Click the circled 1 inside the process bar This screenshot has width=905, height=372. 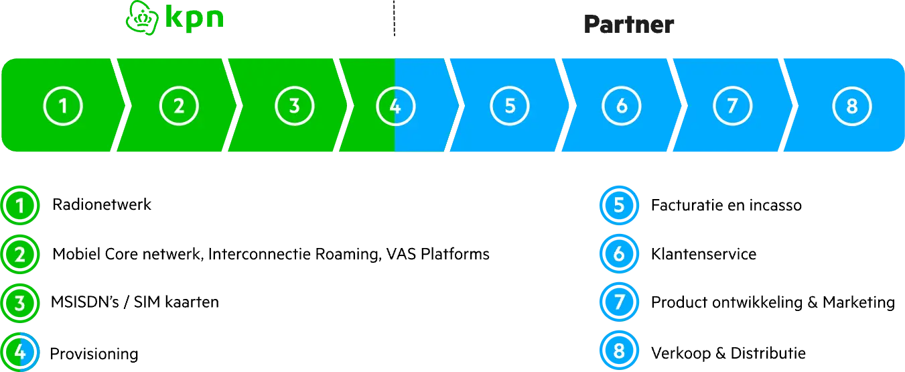(x=64, y=106)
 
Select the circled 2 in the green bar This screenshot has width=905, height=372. (x=179, y=106)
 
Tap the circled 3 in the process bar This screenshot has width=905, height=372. (x=294, y=106)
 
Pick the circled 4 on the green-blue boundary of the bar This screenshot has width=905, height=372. (x=395, y=106)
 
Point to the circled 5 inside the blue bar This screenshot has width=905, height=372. (x=510, y=106)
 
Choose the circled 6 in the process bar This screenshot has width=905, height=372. (x=622, y=106)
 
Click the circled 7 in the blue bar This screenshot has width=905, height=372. (x=732, y=106)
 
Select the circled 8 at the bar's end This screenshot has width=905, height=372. (x=852, y=106)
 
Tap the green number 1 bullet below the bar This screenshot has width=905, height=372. (x=20, y=205)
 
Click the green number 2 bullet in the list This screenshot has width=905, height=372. (x=20, y=254)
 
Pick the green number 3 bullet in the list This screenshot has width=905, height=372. (x=20, y=302)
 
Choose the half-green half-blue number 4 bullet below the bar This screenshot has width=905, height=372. (x=20, y=351)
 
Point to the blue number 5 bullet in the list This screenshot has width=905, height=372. (x=618, y=205)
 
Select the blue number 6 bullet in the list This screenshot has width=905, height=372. (x=618, y=254)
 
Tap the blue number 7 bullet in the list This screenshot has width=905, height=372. (x=618, y=302)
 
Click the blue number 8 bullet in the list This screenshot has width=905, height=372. (x=618, y=351)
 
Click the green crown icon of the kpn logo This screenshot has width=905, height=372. (x=141, y=18)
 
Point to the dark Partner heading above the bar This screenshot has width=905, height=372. (x=628, y=25)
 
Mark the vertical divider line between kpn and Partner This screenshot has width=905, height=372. (x=394, y=19)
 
